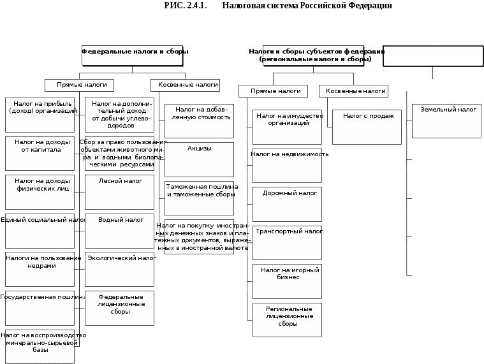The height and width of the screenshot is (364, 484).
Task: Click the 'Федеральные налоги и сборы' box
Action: coord(132,55)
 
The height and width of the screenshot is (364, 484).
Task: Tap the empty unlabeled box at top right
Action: coord(433,56)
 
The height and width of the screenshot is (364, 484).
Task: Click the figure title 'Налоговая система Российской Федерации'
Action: coord(278,6)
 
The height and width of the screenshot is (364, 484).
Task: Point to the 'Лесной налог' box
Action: coord(119,192)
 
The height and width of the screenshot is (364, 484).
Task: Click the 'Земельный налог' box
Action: coord(446,121)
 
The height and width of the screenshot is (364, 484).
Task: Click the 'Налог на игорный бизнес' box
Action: coord(287,281)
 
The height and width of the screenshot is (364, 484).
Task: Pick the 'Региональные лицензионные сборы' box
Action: coord(287,319)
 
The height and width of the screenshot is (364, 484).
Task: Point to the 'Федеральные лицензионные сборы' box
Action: coord(119,308)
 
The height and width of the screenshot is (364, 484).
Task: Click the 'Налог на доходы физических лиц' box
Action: coord(40,192)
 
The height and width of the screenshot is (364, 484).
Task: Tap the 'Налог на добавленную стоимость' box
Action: coord(199,121)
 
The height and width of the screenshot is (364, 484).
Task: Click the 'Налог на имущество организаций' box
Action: coord(287,127)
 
